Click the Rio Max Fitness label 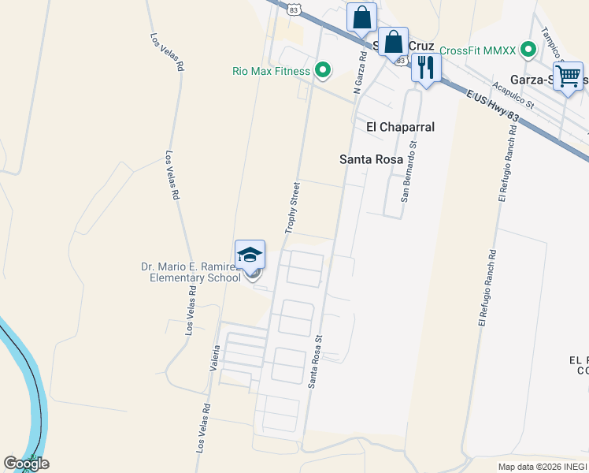point(271,71)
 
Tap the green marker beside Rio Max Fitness point(322,71)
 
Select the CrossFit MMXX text point(477,50)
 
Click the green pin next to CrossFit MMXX point(530,50)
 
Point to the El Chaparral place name point(400,127)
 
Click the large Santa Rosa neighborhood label point(371,159)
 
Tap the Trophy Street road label point(293,208)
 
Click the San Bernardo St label point(409,171)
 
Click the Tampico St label point(554,46)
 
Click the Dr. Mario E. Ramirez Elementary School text point(191,272)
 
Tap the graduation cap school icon point(250,254)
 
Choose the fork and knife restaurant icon point(426,66)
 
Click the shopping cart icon point(568,76)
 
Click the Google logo point(26,464)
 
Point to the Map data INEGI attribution point(543,467)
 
